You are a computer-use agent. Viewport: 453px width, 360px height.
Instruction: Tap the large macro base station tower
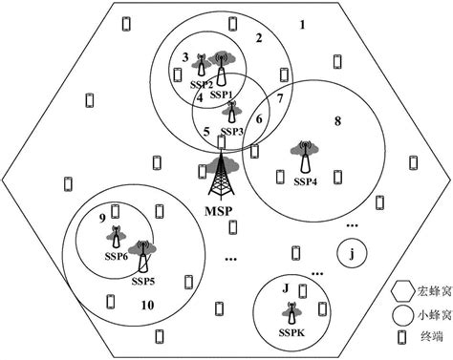click(224, 177)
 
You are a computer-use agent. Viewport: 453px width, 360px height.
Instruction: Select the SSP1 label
click(222, 95)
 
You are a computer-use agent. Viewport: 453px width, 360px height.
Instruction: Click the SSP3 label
click(232, 132)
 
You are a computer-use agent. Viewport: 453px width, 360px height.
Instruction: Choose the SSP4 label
click(304, 181)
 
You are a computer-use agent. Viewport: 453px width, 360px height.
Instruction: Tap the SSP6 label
click(116, 257)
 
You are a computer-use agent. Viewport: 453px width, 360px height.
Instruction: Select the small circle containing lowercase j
click(353, 254)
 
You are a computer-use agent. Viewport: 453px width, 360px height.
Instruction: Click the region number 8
click(336, 121)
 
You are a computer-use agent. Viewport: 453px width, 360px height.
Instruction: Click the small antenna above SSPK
click(288, 310)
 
